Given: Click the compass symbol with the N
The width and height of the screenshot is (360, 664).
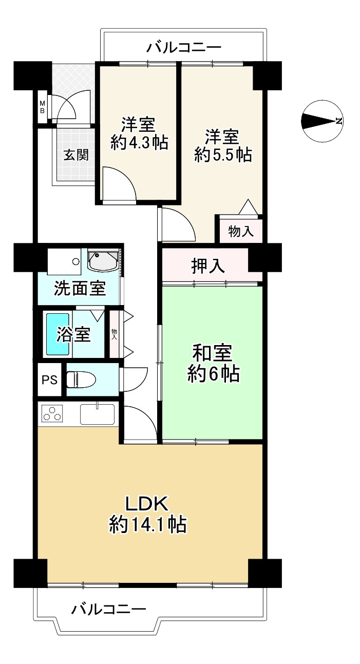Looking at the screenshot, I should (x=322, y=121).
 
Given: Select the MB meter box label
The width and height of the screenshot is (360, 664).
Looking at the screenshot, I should (x=43, y=107).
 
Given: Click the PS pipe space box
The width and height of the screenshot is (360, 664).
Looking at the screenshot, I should (x=49, y=380).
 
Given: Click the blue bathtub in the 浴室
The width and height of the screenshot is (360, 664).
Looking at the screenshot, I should (x=58, y=334).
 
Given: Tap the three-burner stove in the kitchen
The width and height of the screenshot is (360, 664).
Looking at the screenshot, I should (x=52, y=413).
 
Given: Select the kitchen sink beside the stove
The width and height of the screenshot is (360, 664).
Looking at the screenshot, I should (x=98, y=414).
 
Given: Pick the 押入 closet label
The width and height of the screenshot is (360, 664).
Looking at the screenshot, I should (x=208, y=265).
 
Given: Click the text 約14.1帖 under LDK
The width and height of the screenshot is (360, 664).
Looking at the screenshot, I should (x=147, y=525).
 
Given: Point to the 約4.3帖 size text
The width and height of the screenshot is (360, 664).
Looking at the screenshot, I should (x=139, y=142).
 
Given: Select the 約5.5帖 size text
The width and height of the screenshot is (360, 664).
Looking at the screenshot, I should (x=223, y=155).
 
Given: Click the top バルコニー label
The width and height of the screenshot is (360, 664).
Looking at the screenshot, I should (x=184, y=48).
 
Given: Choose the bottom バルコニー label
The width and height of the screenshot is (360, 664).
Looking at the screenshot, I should (x=109, y=610).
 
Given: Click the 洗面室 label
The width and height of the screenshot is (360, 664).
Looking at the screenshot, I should (x=80, y=289).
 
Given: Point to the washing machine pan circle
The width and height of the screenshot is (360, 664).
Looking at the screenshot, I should (x=76, y=261).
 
